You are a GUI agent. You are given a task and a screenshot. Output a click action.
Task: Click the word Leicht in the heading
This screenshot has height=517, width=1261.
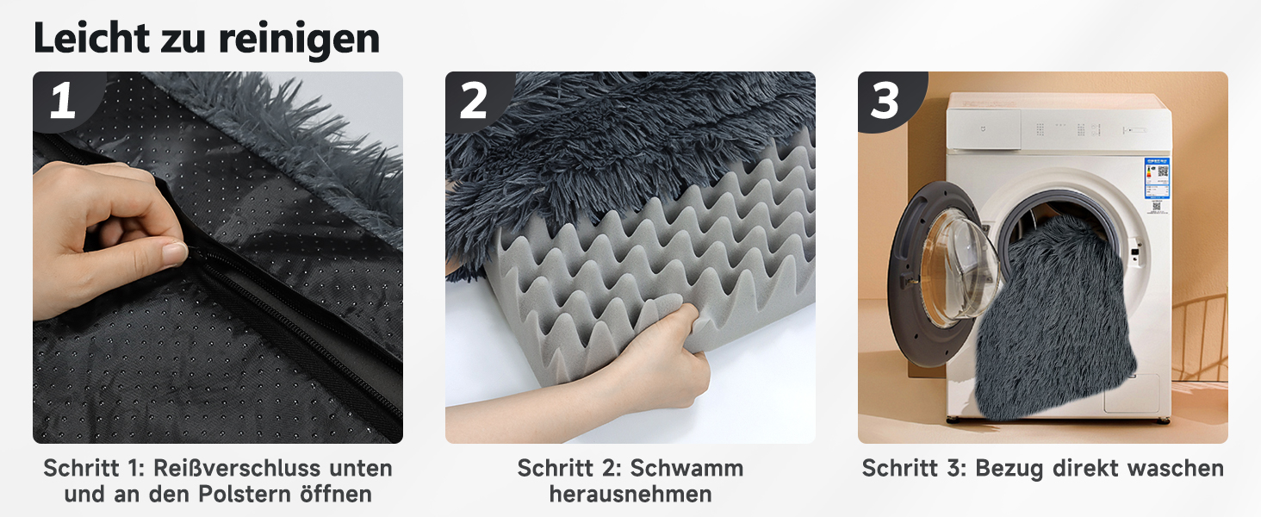point(91,38)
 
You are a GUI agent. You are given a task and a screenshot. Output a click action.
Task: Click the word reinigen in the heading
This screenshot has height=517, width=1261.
point(300,40)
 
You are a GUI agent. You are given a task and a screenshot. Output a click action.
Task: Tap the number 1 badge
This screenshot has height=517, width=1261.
point(63,100)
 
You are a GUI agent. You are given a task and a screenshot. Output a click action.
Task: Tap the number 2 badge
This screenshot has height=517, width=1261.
point(474,100)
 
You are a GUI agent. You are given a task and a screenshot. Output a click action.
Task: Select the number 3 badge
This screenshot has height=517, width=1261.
point(885,100)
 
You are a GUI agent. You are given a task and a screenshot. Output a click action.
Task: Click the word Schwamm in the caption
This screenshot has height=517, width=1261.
point(686,468)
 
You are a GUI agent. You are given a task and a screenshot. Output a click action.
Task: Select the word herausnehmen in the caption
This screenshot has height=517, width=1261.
point(630,494)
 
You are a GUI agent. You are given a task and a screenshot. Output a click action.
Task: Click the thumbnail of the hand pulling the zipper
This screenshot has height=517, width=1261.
point(218,258)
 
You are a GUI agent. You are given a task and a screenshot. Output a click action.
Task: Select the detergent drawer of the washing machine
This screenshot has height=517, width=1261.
point(984,129)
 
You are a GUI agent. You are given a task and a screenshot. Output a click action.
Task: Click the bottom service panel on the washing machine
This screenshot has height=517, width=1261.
point(1132,393)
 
